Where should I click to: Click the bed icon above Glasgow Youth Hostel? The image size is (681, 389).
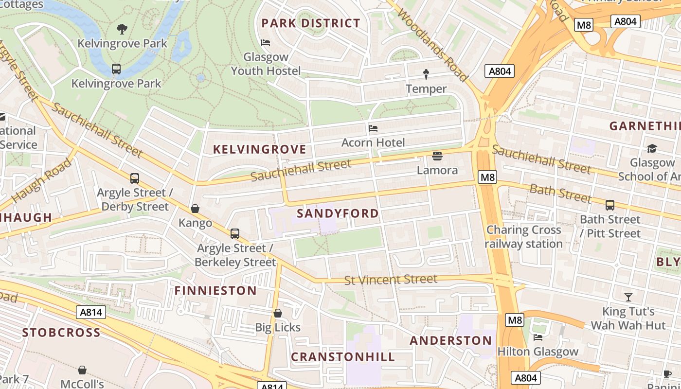[x=266, y=43]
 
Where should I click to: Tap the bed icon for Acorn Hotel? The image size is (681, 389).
[x=373, y=128]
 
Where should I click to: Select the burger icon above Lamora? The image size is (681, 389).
[x=437, y=156]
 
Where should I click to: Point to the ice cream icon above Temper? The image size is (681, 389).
[x=426, y=74]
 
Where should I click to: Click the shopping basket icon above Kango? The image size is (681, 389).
[x=195, y=209]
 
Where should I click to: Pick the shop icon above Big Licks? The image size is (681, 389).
[x=278, y=313]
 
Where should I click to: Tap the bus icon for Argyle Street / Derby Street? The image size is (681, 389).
[x=135, y=178]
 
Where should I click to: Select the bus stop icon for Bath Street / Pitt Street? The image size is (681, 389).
[x=610, y=205]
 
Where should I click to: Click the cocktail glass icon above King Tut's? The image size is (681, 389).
[x=628, y=297]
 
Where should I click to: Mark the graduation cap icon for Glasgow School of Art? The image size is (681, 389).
[x=652, y=148]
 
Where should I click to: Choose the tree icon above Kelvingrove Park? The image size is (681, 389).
[x=122, y=29]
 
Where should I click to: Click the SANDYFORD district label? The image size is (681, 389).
[x=338, y=213]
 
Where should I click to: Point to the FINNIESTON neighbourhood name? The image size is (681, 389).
[x=215, y=291]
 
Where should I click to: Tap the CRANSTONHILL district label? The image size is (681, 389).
[x=343, y=357]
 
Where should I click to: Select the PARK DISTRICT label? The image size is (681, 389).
[x=311, y=23]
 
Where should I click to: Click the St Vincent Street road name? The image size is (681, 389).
[x=391, y=280]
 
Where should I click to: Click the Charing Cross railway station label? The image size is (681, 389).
[x=524, y=237]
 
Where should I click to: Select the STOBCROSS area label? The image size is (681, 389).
[x=61, y=333]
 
